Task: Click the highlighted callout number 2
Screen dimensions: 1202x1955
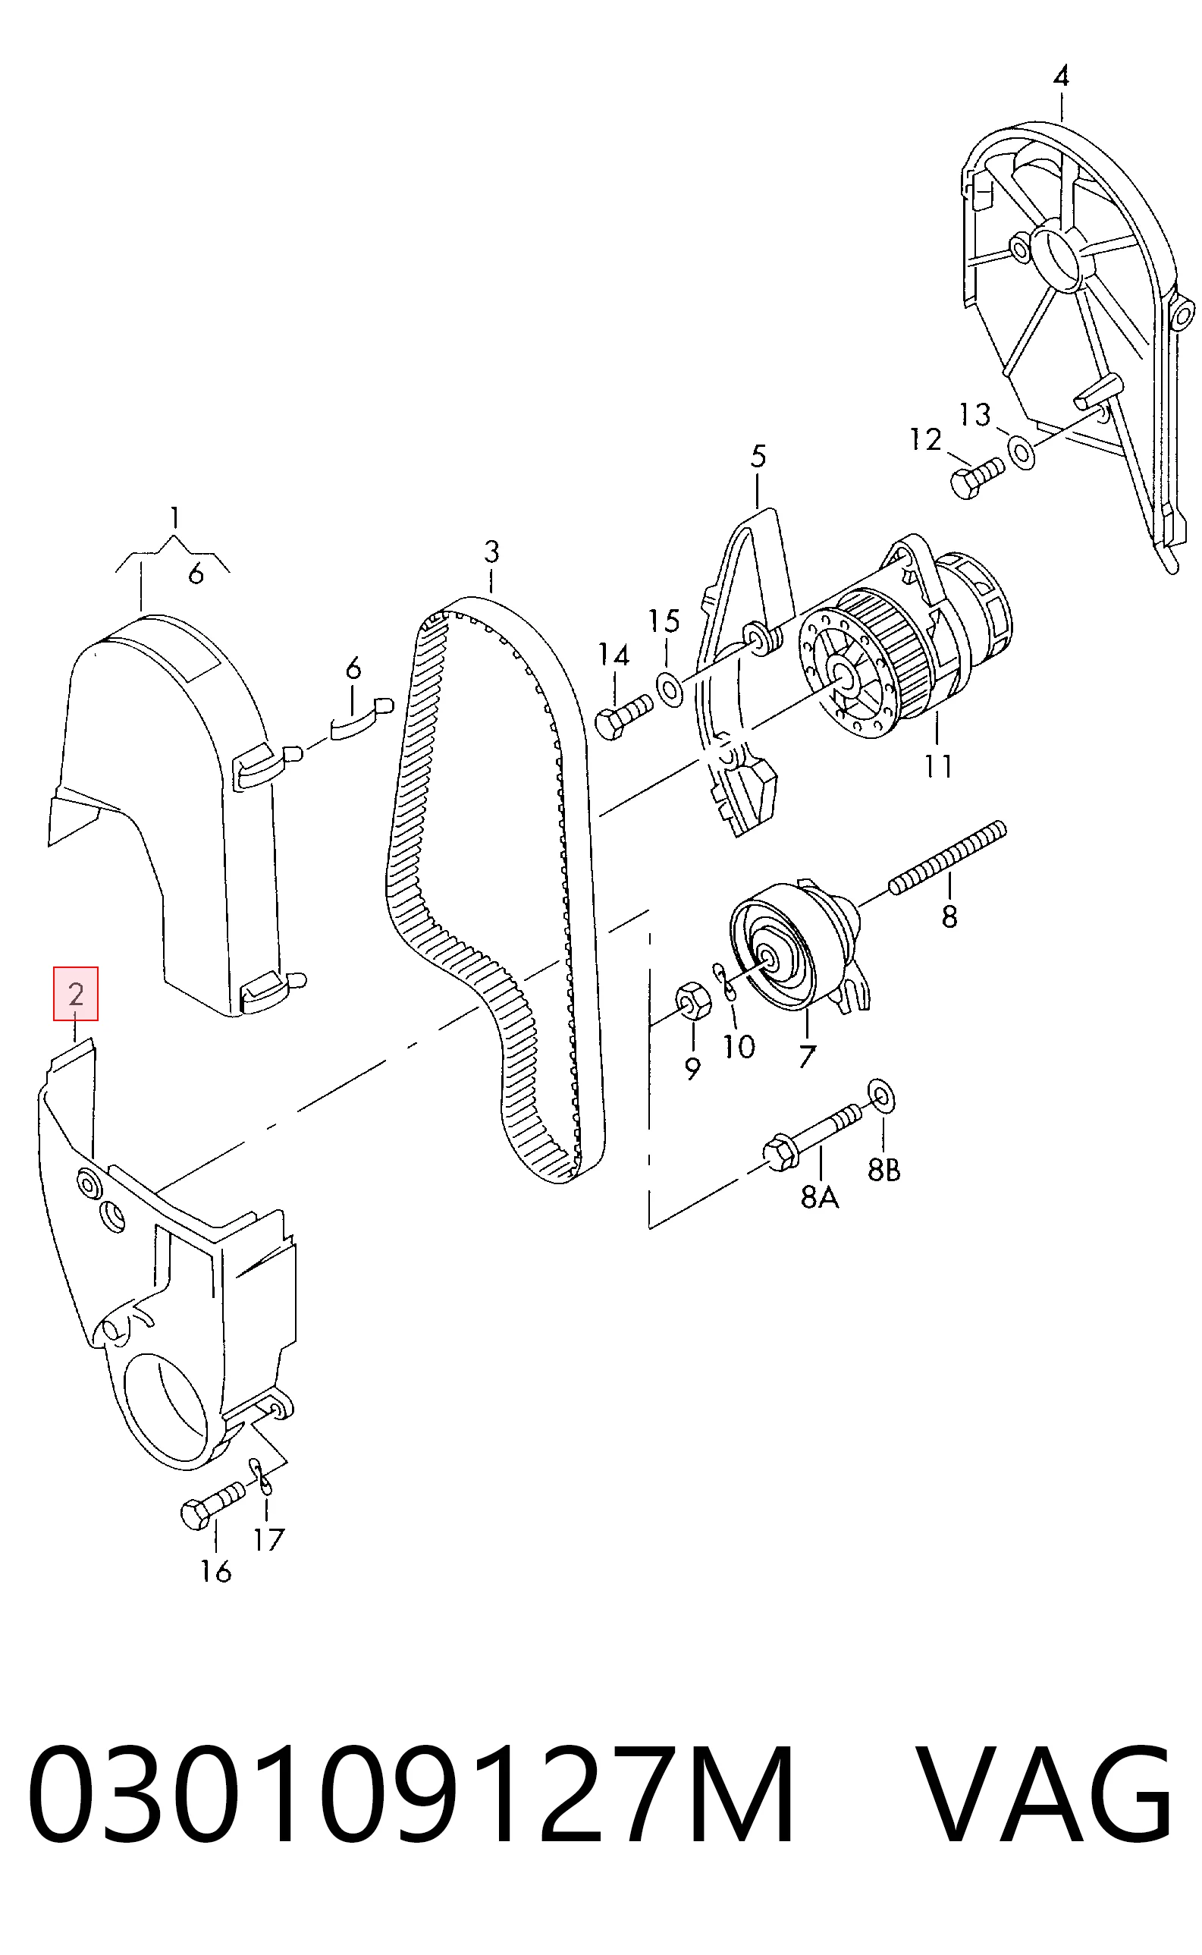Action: tap(76, 994)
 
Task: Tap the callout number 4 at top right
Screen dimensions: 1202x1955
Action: tap(1060, 77)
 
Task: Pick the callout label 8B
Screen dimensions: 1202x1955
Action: tap(883, 1169)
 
